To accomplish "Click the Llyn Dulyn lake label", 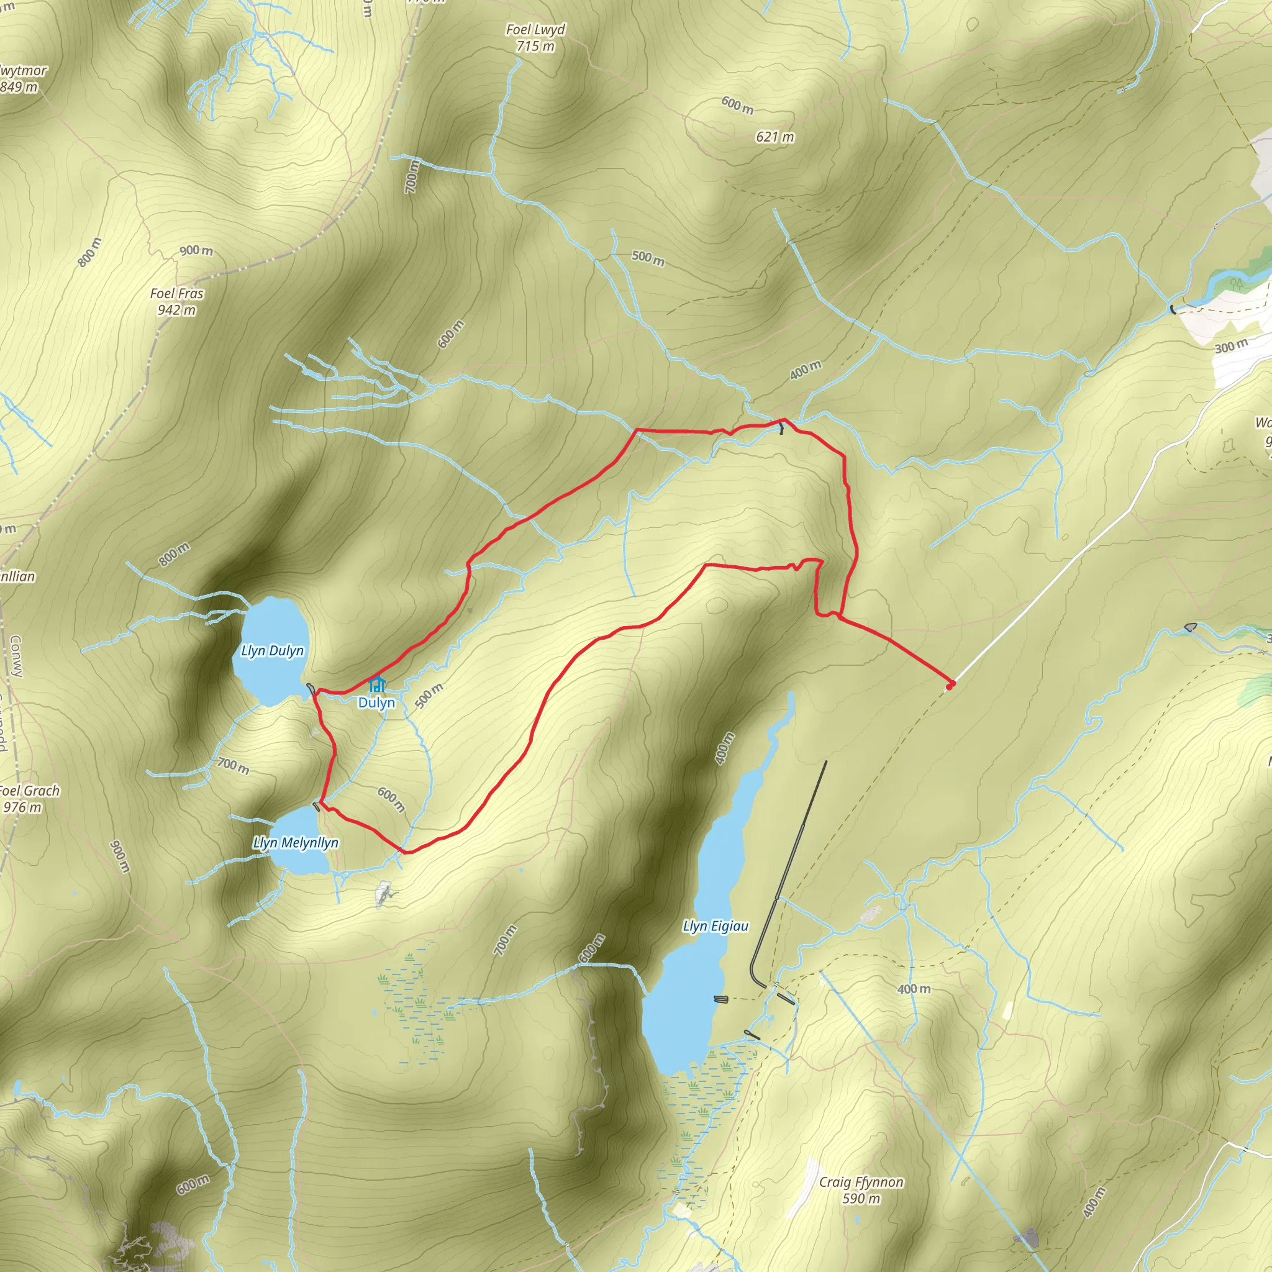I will (273, 650).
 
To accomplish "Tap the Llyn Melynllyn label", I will (296, 843).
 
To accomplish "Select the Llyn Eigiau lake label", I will (715, 926).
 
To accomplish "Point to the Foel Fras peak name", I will (176, 294).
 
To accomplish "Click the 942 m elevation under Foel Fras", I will (176, 310).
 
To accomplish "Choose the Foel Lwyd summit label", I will (535, 30).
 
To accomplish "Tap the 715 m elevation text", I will (535, 46).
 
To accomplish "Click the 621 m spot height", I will (775, 137).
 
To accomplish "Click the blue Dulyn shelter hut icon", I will (376, 684).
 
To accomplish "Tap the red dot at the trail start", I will (949, 686).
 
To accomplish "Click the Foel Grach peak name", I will (29, 791).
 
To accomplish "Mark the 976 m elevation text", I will (22, 807).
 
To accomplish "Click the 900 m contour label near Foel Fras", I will (196, 250).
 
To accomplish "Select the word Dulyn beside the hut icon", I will (376, 702).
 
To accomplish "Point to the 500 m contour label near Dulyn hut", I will (429, 695).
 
